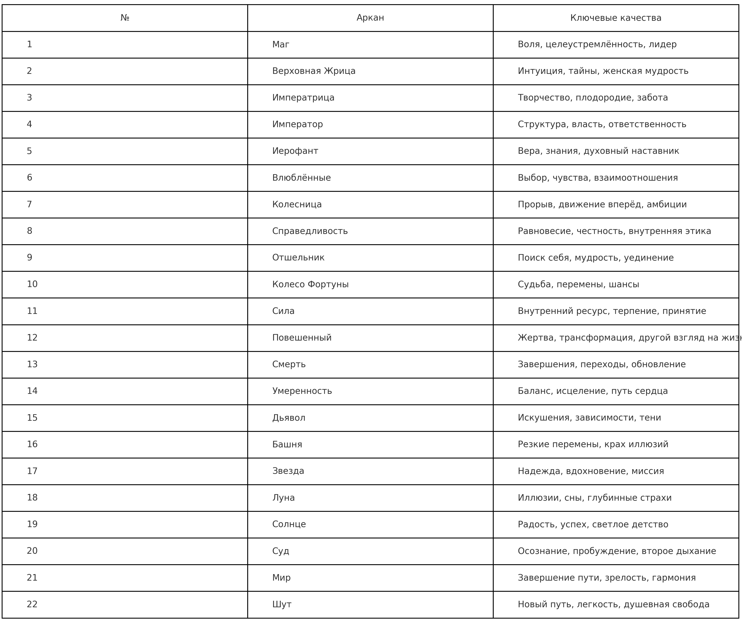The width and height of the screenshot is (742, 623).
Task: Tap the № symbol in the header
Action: pos(125,18)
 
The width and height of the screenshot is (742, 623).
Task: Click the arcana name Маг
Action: pos(281,44)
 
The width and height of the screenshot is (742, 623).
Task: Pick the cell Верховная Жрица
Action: pos(313,71)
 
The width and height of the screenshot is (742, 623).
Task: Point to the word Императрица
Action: pos(303,98)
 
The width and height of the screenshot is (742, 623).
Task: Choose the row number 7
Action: pos(29,205)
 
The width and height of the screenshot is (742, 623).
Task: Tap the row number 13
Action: pos(32,364)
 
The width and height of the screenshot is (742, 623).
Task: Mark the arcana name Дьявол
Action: pos(288,418)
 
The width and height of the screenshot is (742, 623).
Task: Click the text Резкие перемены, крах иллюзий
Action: pos(593,444)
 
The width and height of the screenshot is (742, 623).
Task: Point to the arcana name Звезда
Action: pos(288,471)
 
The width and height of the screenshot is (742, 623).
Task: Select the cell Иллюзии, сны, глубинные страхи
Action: pos(594,498)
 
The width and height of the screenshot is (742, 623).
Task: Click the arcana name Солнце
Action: pos(289,524)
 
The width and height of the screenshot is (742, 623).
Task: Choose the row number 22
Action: pos(32,604)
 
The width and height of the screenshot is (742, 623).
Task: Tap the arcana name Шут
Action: pos(282,604)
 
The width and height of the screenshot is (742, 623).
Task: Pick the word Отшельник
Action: pos(298,258)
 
